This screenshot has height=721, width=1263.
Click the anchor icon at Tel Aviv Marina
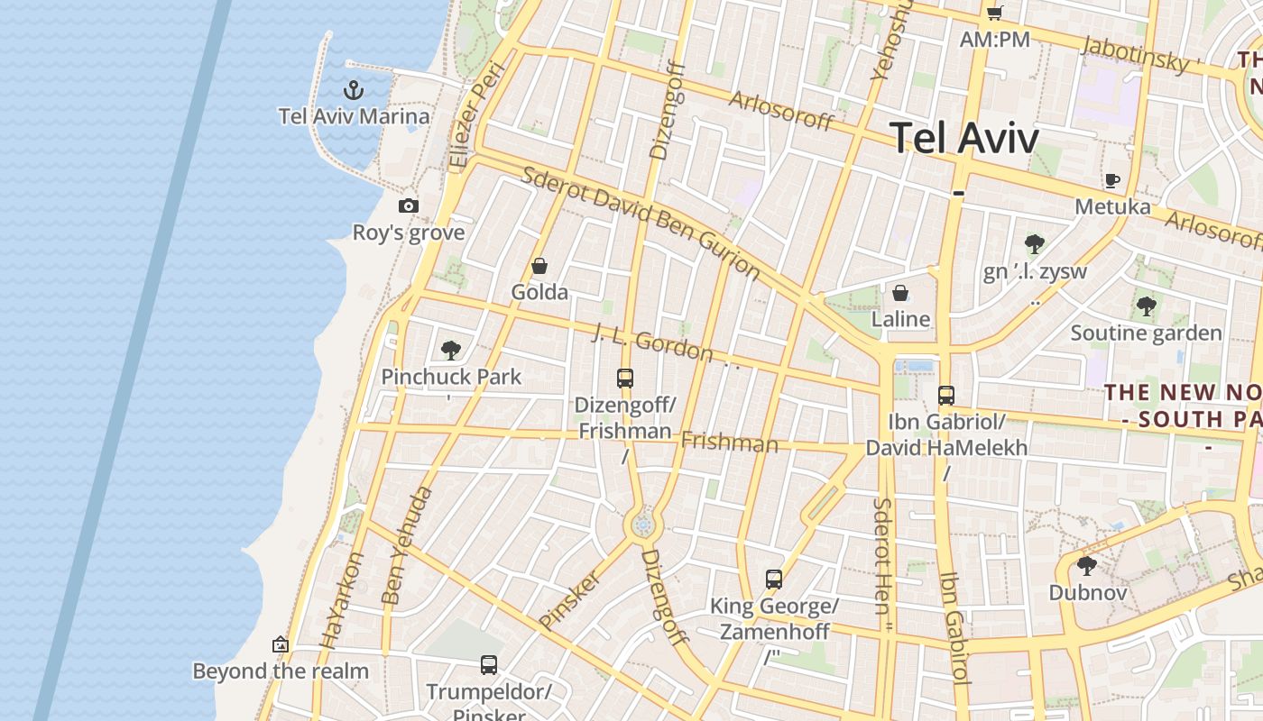coord(354,90)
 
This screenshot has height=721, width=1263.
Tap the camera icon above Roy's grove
coord(409,206)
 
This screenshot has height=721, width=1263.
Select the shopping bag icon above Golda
coord(539,266)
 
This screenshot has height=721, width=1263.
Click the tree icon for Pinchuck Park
coord(451,351)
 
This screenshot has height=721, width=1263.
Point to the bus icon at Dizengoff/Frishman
coord(625,379)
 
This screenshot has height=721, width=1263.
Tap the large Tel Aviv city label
coord(964,138)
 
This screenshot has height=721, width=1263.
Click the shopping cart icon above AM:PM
coord(994,13)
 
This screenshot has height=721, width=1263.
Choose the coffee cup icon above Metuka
coord(1112,180)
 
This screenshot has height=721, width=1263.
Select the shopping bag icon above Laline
coord(900,293)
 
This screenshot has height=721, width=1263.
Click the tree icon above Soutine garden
coord(1146,306)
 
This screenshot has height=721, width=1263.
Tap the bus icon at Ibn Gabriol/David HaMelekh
coord(945,395)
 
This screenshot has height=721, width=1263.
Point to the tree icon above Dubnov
coord(1087,566)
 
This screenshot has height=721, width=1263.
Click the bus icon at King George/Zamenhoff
coord(774,580)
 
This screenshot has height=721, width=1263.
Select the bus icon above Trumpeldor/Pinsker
coord(489,665)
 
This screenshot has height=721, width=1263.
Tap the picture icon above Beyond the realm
coord(281,644)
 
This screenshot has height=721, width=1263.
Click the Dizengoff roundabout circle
coord(643,525)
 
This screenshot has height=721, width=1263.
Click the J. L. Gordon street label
coord(653,343)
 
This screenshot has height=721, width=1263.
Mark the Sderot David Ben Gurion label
coord(641,222)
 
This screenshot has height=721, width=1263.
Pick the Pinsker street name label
coord(569,599)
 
